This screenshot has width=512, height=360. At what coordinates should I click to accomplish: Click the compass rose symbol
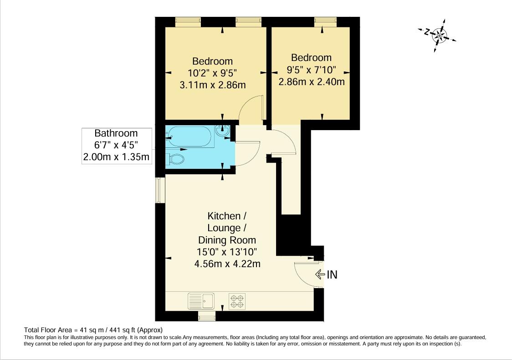pyautogui.click(x=438, y=35)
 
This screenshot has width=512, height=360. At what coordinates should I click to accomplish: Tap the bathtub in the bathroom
pyautogui.click(x=189, y=136)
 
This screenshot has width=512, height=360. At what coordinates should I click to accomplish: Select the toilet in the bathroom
pyautogui.click(x=176, y=159)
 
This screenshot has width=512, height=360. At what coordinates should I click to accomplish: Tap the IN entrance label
pyautogui.click(x=332, y=274)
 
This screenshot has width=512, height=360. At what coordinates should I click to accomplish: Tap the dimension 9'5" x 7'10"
pyautogui.click(x=312, y=70)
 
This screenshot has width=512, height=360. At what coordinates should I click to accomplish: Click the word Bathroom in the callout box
pyautogui.click(x=116, y=133)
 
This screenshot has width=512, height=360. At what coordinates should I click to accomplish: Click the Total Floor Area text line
pyautogui.click(x=93, y=330)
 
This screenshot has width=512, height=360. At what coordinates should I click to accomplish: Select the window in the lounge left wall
pyautogui.click(x=159, y=189)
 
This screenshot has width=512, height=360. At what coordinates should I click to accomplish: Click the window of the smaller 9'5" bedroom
pyautogui.click(x=325, y=20)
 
